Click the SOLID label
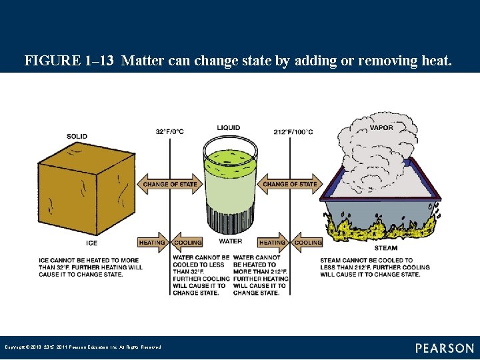point(77,137)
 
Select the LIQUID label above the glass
point(229,128)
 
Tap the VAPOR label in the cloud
point(381,128)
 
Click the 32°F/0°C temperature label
point(170,131)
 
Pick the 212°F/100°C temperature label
point(293,131)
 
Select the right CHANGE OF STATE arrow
point(290,184)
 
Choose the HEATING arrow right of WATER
point(273,242)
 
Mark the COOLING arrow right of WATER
point(307,242)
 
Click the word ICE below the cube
point(91,243)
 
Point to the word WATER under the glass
point(230,241)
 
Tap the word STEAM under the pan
point(385,248)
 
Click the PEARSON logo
point(445,348)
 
